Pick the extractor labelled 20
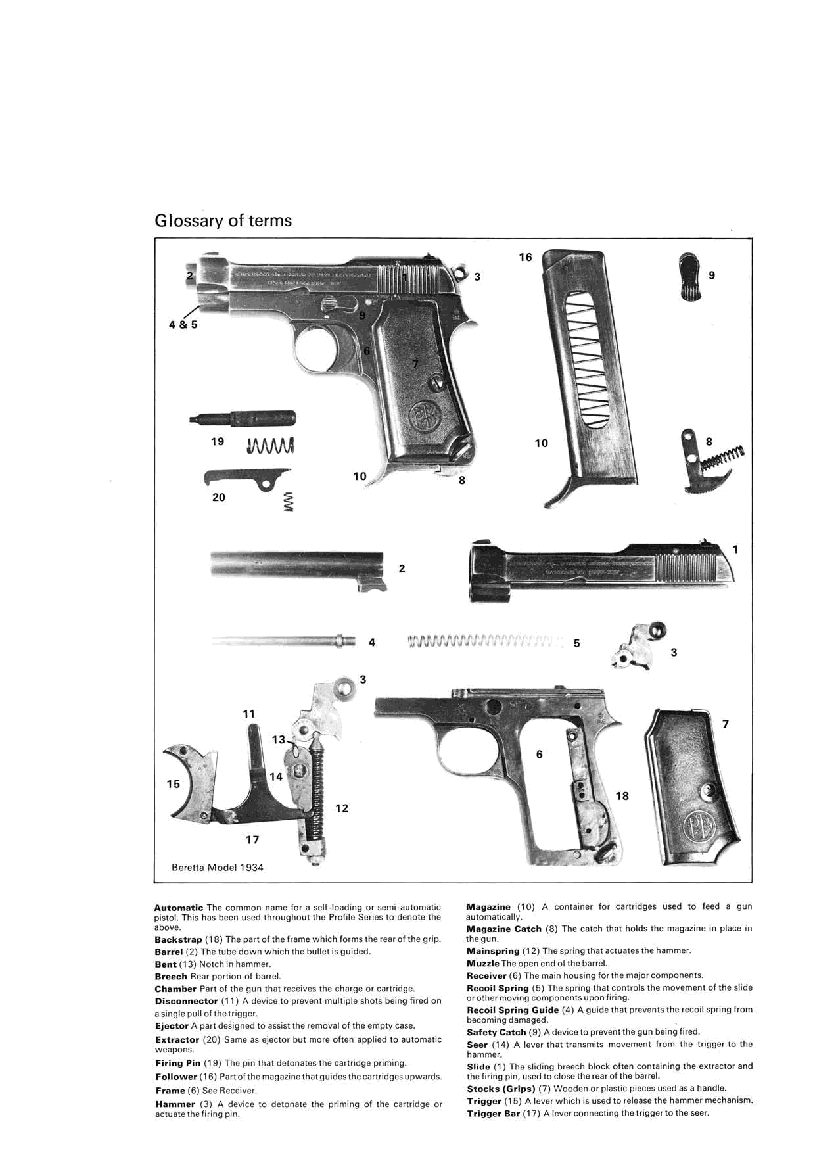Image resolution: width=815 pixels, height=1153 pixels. coord(246,477)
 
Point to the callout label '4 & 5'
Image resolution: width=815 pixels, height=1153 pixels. coord(183,325)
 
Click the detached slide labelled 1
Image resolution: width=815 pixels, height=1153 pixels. coord(602,570)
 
